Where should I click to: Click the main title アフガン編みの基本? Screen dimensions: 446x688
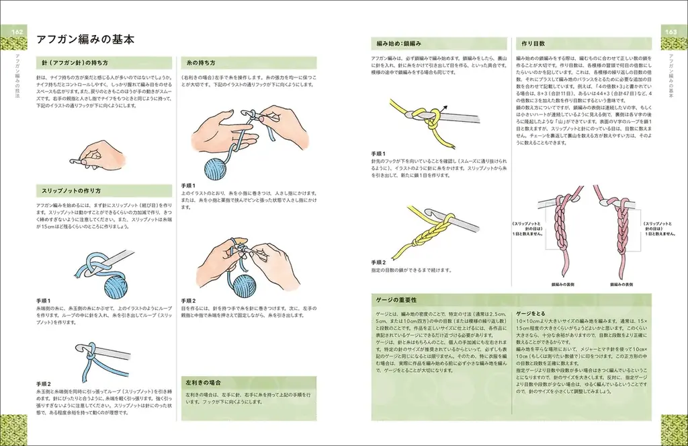point(85,40)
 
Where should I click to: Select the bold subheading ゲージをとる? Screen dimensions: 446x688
point(531,313)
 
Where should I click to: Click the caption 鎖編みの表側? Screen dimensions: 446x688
point(564,285)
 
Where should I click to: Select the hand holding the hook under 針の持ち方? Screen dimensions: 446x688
point(99,153)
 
